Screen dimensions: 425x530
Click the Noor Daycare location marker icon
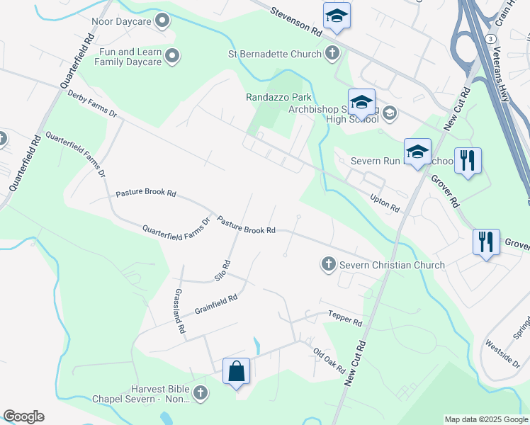click(163, 21)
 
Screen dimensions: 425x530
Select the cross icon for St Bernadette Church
click(332, 52)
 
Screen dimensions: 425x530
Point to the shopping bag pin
click(236, 371)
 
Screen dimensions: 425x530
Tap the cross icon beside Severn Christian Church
click(328, 264)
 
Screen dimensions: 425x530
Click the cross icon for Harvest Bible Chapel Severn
click(201, 392)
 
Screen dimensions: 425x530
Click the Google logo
click(23, 416)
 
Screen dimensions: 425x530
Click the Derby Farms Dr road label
click(91, 103)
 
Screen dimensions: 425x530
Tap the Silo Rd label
click(223, 268)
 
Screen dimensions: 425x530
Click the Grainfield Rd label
click(219, 302)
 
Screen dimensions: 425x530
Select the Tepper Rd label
click(345, 318)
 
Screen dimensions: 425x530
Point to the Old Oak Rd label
click(329, 361)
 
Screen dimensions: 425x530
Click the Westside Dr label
click(502, 353)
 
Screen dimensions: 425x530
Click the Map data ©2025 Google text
click(485, 419)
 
